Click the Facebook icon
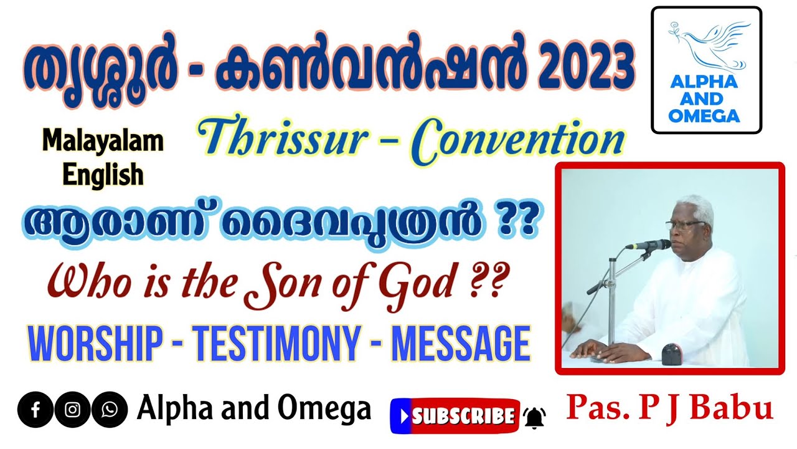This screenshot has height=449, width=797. tap(35, 410)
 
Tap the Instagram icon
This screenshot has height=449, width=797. tap(72, 410)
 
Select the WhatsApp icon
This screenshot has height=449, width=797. tap(110, 410)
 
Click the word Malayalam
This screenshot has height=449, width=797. tap(103, 143)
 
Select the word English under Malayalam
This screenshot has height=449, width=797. tap(103, 175)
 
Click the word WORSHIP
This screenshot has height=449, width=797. tap(96, 343)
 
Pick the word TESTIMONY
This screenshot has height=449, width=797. tap(276, 343)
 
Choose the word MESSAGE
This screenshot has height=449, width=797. tap(461, 343)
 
